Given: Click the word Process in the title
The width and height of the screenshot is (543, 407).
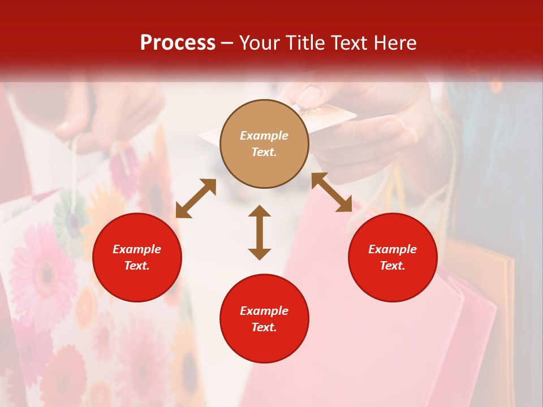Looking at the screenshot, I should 178,42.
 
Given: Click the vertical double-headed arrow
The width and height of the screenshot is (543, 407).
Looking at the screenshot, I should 260,232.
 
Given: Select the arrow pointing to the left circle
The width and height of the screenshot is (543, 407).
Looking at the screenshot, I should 196,198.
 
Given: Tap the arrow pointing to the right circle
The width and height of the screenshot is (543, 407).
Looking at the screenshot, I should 332,192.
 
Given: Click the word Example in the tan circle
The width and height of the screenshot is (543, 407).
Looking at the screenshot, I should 264,136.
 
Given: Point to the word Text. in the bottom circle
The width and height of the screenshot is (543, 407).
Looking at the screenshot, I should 264,327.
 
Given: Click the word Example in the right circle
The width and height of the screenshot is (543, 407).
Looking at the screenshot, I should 393,249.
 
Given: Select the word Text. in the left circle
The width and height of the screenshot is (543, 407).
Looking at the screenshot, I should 137,266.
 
